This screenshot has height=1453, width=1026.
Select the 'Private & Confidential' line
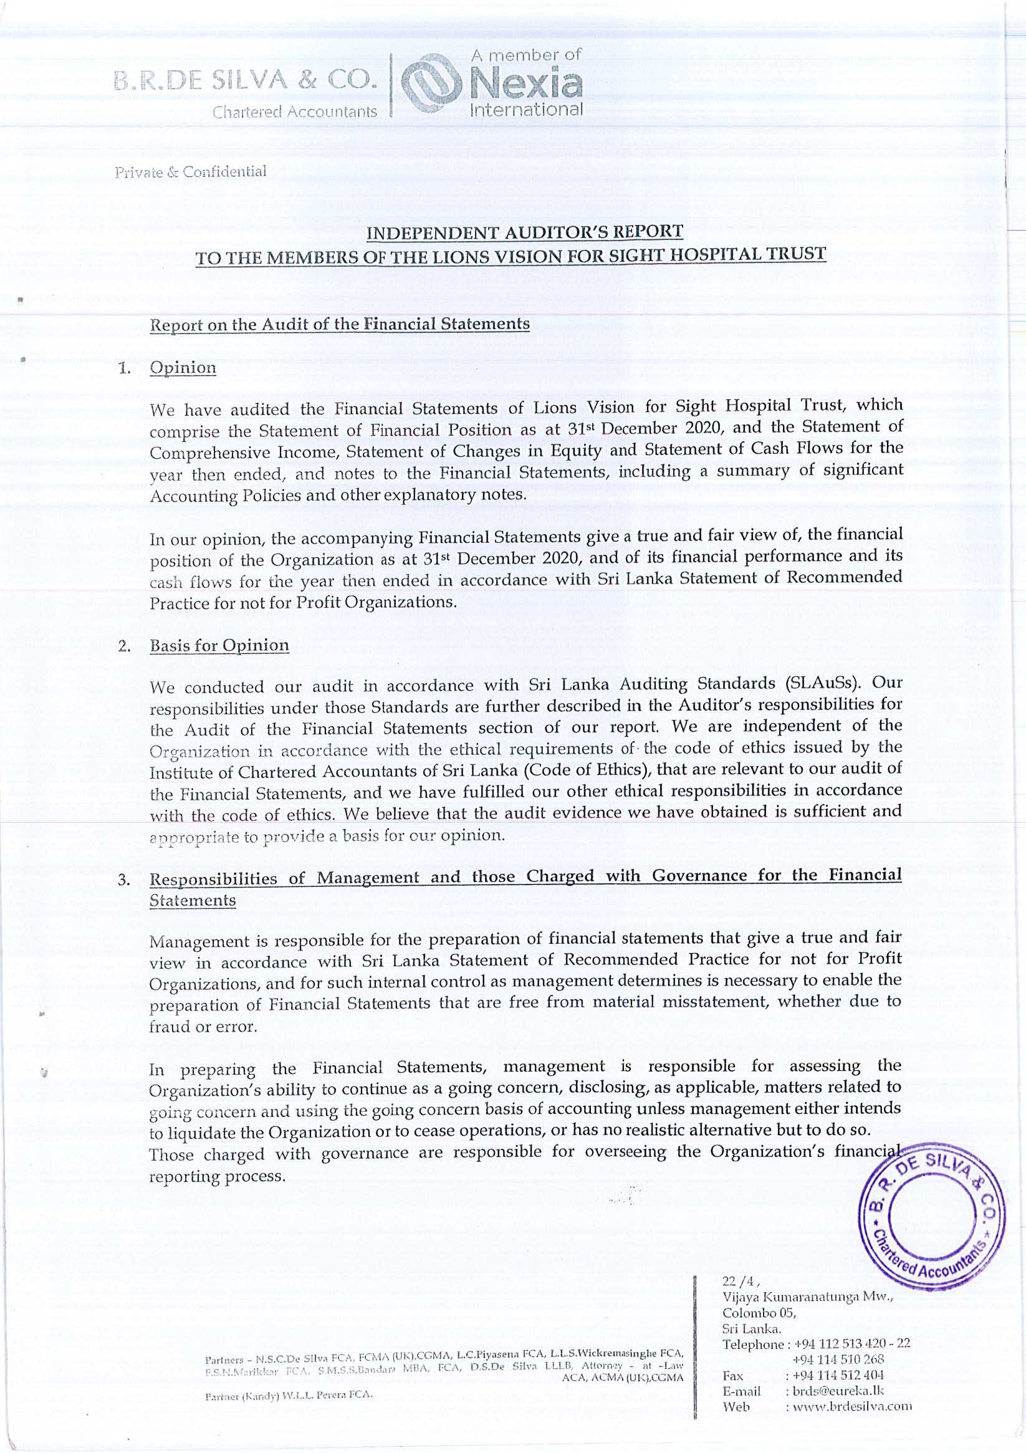(190, 171)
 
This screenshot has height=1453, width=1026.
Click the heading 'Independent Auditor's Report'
(525, 232)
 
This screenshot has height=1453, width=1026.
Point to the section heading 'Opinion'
(182, 368)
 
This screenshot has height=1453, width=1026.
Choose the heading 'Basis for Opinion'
(219, 646)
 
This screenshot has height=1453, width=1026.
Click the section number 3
(124, 881)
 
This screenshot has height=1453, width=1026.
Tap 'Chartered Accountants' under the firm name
(294, 112)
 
